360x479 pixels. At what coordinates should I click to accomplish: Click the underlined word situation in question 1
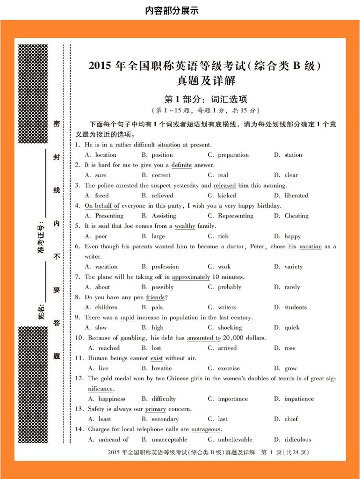coord(169,145)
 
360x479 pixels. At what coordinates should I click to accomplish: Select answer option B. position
coord(157,155)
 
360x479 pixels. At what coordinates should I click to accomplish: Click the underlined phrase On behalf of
coord(102,206)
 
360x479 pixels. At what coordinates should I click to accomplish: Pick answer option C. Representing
coord(230,216)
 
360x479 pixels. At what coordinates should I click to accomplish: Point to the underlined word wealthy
coord(185,226)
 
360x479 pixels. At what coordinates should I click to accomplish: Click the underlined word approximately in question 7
coord(191,277)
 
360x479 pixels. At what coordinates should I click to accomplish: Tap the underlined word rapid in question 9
coord(127,318)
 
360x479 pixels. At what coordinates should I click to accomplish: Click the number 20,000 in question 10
coord(234,338)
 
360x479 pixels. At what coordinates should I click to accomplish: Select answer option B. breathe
coord(157,369)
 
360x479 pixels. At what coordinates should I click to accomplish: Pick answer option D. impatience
coord(294,399)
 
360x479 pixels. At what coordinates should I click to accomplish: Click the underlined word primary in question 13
coord(155,409)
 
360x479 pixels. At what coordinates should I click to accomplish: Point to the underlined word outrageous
coord(206,429)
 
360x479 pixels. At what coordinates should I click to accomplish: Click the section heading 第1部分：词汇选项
coord(206,99)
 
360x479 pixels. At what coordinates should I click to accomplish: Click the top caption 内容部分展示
coord(172,10)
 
